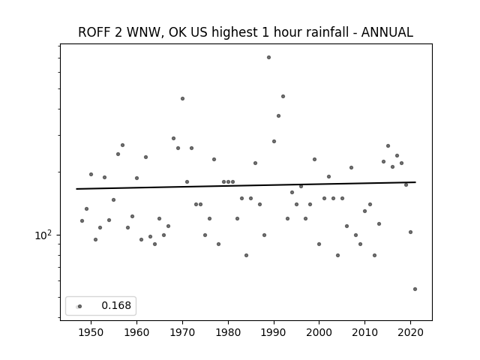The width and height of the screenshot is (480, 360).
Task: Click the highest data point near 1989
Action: pos(268,58)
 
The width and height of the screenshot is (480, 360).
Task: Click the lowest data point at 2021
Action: pos(415,289)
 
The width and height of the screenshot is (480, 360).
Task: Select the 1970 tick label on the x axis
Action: pos(182,333)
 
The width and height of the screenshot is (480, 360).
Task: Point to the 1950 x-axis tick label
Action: pos(91,333)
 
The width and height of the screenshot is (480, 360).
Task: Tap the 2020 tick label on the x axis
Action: pos(410,333)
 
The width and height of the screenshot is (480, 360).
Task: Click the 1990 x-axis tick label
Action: pos(274,333)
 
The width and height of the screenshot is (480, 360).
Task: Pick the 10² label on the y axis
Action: pos(43,235)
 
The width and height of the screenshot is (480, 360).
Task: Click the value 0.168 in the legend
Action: pos(116,305)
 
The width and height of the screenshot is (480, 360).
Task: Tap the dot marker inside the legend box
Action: pos(80,307)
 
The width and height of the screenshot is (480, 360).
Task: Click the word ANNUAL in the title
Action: pos(387,32)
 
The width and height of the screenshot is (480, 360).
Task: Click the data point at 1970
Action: pos(182,98)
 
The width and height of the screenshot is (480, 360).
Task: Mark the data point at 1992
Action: pos(283,97)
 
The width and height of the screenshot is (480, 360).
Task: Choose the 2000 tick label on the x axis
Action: pos(319,333)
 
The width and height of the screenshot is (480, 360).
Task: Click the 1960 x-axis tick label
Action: pos(136,333)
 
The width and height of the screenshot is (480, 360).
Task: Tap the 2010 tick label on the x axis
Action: pos(365,333)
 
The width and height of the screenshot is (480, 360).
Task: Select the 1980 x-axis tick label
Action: pos(228,333)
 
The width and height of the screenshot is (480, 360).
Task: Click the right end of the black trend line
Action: pos(415,182)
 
